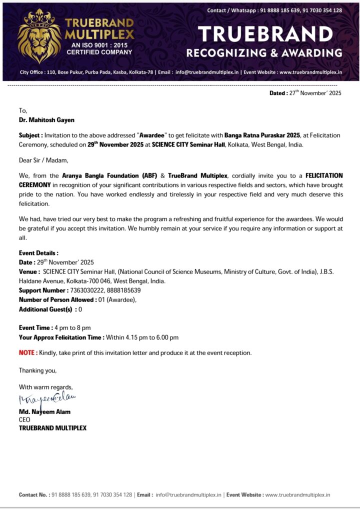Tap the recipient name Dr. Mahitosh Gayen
click(x=47, y=120)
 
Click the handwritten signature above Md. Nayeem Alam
click(x=47, y=399)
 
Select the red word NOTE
click(x=27, y=352)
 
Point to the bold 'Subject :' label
click(x=31, y=135)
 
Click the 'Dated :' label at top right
click(x=278, y=93)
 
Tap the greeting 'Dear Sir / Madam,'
click(x=43, y=160)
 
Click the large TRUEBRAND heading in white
click(x=265, y=34)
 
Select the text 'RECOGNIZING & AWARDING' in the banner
click(x=264, y=53)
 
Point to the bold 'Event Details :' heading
click(x=38, y=253)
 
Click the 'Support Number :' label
click(x=43, y=290)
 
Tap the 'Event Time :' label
click(x=35, y=327)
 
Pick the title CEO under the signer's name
click(x=24, y=420)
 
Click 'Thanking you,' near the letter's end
click(x=38, y=370)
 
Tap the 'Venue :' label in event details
click(x=29, y=271)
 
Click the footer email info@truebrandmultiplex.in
click(x=188, y=494)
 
